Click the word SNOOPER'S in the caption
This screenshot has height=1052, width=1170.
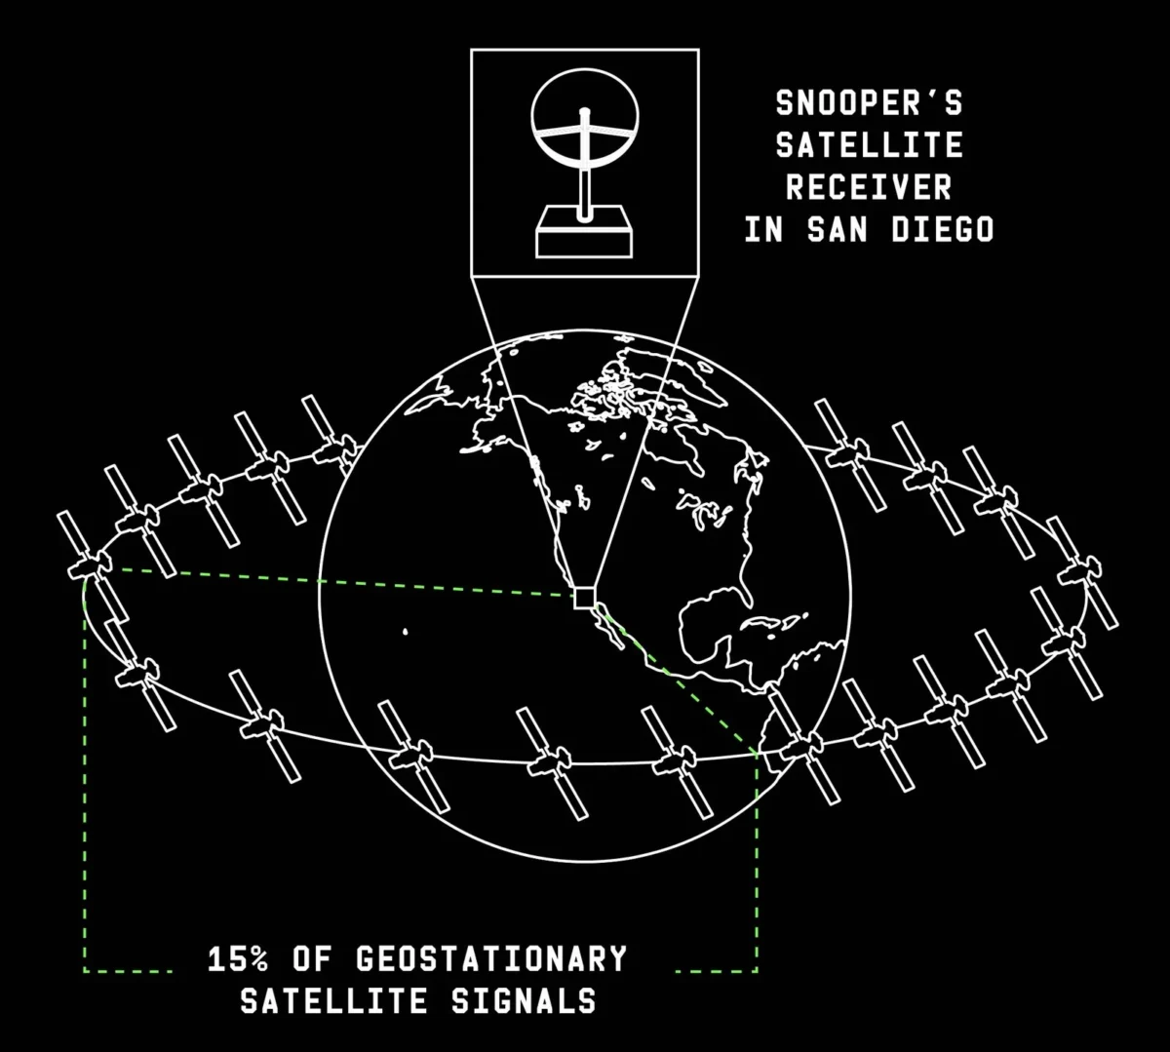pos(869,101)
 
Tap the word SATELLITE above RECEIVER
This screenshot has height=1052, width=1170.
pos(869,144)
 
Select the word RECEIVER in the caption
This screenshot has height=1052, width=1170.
pos(869,186)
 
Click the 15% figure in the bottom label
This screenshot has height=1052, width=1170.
pos(238,959)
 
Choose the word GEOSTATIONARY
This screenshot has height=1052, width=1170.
pos(491,959)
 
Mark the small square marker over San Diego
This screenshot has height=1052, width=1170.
pos(584,597)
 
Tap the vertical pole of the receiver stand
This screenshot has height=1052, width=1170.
pos(584,175)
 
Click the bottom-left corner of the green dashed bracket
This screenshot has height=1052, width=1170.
pos(85,970)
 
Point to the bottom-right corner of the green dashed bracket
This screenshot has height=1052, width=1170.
pos(757,970)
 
